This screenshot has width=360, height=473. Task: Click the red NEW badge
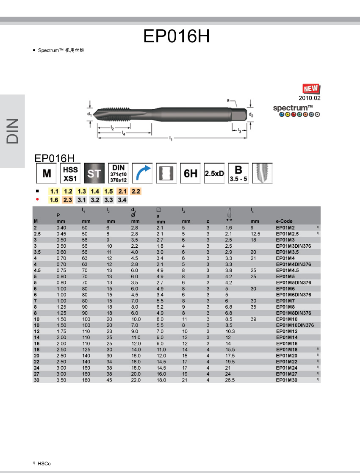tap(311, 89)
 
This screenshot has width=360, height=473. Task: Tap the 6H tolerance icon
tap(190, 173)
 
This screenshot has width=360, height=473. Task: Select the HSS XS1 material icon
tap(70, 173)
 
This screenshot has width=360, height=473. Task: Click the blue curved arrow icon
tap(142, 173)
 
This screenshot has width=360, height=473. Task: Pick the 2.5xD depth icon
tap(214, 173)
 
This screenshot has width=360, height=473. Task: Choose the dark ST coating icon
tap(94, 173)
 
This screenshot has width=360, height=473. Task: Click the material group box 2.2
tap(136, 191)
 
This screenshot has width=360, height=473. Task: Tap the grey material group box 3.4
tap(122, 200)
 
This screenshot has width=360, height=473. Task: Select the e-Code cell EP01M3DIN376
tap(294, 246)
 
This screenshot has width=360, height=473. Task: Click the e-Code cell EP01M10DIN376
tap(295, 325)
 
